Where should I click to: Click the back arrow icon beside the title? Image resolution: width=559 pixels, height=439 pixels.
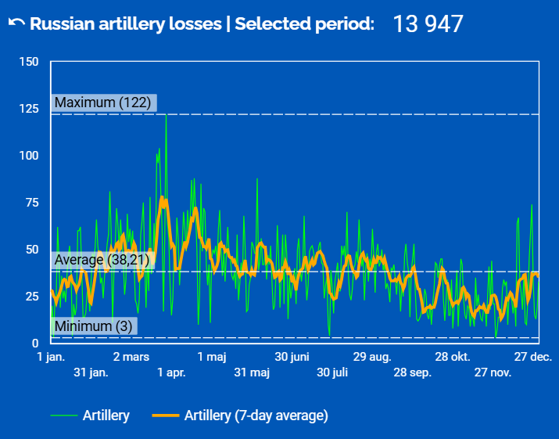[16, 23]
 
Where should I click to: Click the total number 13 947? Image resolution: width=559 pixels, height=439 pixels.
[428, 23]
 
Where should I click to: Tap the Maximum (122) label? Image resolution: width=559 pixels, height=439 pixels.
[102, 103]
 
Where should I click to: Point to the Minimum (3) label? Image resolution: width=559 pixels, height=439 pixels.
[93, 326]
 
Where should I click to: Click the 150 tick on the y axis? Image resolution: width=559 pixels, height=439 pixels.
[28, 62]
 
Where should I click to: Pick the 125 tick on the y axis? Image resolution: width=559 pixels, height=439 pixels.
[28, 109]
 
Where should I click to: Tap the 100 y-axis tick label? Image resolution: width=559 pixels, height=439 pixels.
[28, 156]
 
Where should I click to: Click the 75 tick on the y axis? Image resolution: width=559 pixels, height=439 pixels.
[31, 203]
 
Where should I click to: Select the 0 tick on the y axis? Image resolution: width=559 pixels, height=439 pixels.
[35, 344]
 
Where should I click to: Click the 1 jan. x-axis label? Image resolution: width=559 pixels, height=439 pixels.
[51, 357]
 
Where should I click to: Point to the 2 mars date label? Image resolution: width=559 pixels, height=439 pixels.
[131, 357]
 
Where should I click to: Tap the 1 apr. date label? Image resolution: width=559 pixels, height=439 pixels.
[171, 372]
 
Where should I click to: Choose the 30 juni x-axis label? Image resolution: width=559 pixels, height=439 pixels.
[292, 357]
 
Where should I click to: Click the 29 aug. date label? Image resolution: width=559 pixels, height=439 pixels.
[372, 357]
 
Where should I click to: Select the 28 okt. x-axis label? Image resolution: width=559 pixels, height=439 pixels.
[453, 357]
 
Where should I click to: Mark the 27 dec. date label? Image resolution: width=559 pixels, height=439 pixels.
[533, 357]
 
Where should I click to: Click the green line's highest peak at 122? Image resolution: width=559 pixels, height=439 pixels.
[166, 115]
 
